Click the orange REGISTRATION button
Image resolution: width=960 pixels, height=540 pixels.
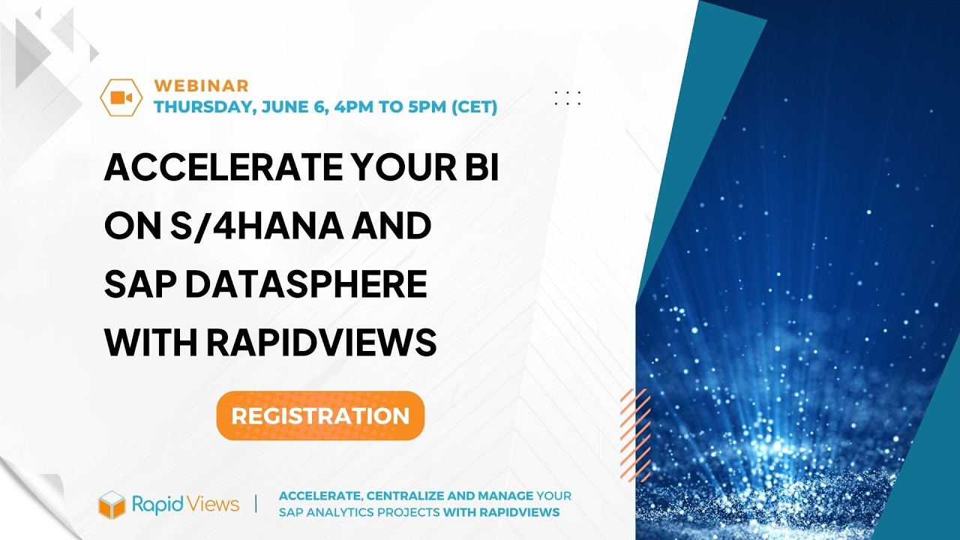click(320, 415)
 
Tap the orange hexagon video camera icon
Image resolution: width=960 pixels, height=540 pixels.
click(121, 97)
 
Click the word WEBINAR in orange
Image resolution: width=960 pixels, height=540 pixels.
click(201, 86)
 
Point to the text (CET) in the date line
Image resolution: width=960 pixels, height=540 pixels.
click(473, 107)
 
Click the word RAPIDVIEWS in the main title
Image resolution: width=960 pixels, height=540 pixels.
click(321, 343)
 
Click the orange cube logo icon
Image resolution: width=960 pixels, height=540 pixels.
click(111, 504)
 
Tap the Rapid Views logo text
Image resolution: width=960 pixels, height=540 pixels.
click(185, 504)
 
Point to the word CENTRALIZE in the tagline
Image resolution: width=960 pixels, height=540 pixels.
click(393, 496)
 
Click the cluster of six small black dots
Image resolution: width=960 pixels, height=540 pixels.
click(568, 97)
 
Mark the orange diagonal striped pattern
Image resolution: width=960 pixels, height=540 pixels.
click(635, 435)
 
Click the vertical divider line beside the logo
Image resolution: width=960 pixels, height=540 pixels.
click(256, 503)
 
